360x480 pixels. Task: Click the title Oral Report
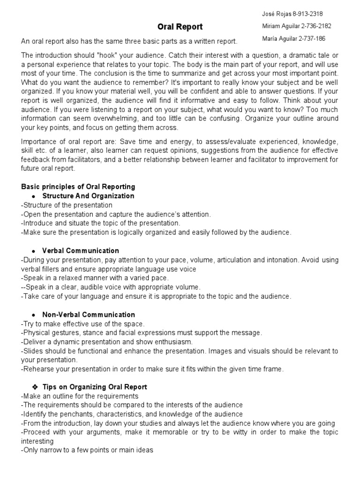(x=180, y=27)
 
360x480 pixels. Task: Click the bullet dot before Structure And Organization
(x=34, y=196)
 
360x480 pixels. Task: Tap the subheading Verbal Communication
(x=81, y=251)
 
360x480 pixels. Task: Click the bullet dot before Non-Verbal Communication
(x=34, y=315)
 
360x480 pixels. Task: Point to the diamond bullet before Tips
(x=34, y=387)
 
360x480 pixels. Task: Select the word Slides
(x=32, y=351)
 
